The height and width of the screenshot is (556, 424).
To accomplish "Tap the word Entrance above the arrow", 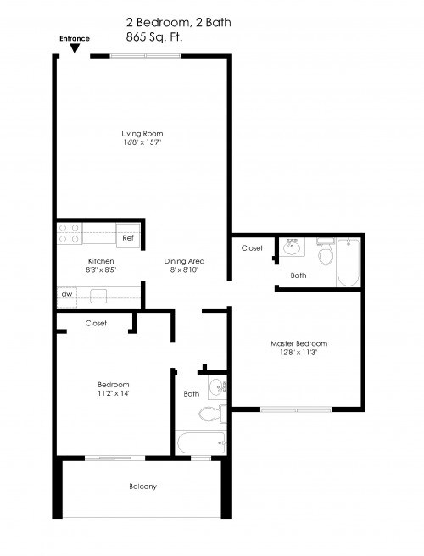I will [x=75, y=39].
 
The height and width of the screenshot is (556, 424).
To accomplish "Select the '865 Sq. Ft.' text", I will [x=153, y=37].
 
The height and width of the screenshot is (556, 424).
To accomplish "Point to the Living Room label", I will [x=142, y=134].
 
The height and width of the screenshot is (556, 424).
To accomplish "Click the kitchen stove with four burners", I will [x=69, y=233].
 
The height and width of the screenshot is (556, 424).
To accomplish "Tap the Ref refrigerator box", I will [x=128, y=238].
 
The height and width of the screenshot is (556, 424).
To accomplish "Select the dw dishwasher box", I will [x=66, y=294].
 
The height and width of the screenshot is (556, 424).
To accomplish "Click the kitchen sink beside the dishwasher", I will [x=98, y=295].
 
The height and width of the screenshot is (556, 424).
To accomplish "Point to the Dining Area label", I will [x=184, y=261].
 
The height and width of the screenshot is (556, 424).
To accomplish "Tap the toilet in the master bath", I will [x=325, y=253].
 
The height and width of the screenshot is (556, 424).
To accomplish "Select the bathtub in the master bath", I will [x=349, y=263].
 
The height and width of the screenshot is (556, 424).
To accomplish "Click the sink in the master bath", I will [x=293, y=248].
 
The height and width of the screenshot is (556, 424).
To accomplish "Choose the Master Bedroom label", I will [x=298, y=343].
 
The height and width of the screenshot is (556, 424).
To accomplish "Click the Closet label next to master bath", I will [x=252, y=248].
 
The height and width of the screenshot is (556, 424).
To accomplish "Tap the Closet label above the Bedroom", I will [x=96, y=323].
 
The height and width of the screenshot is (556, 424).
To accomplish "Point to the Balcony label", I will [x=142, y=486].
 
